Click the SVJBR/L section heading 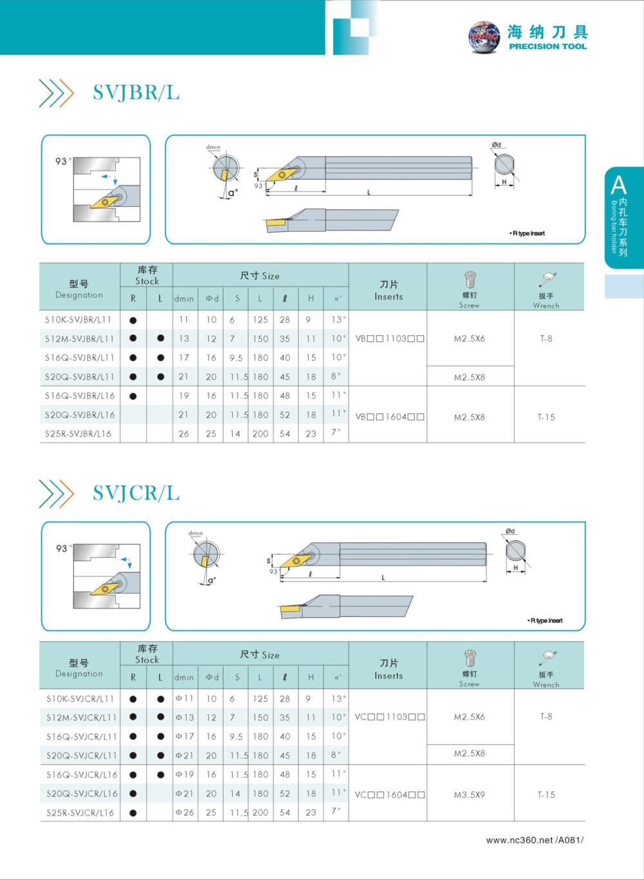(x=136, y=93)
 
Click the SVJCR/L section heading (x=136, y=493)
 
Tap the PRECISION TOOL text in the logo (x=547, y=46)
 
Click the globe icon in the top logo (x=484, y=37)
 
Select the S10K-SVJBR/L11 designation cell (x=79, y=320)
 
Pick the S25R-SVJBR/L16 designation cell (x=79, y=434)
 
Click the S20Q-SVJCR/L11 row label (x=80, y=755)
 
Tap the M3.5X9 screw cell (x=469, y=794)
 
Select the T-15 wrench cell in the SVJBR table (x=546, y=417)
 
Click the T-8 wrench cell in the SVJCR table (x=546, y=716)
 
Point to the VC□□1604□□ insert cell (x=390, y=794)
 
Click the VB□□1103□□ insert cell (x=390, y=338)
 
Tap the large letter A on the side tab (x=618, y=186)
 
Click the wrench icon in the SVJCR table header (x=547, y=658)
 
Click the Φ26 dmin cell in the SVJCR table (x=184, y=812)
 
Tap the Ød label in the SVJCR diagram (x=510, y=531)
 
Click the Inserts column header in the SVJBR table (x=388, y=291)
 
